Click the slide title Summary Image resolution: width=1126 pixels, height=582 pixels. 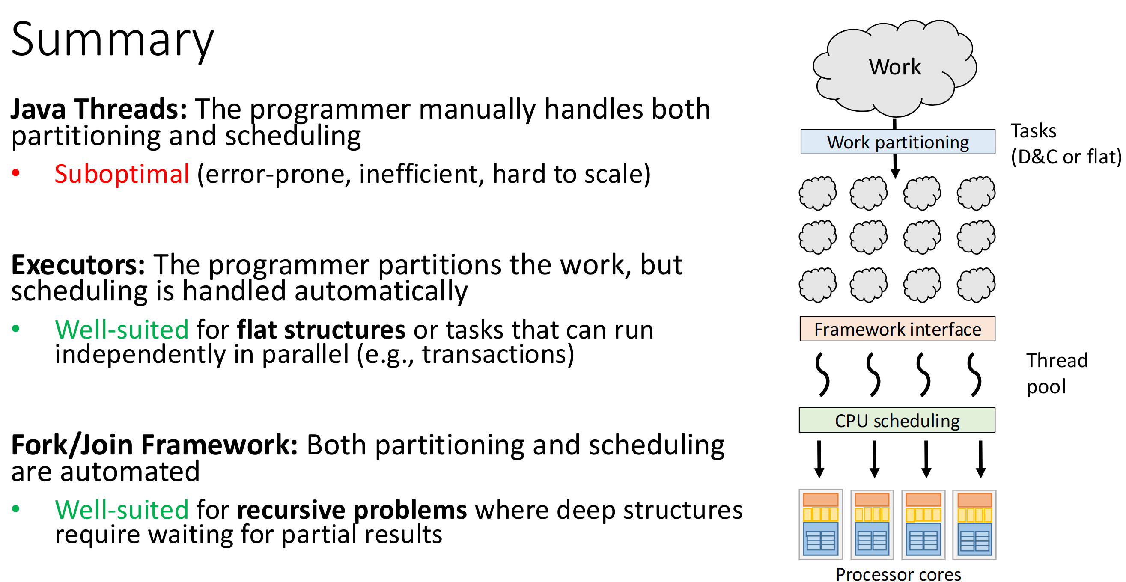(x=112, y=40)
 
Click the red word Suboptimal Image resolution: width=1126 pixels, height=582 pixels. (x=122, y=174)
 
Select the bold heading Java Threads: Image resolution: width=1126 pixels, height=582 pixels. (x=99, y=109)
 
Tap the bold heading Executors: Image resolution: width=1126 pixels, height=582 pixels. (x=78, y=265)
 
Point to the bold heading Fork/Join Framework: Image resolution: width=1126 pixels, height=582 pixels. (x=154, y=445)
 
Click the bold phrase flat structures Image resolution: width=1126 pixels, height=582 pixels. (x=321, y=330)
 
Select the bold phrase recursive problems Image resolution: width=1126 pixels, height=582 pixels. (x=352, y=510)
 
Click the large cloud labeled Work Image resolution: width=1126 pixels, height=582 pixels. (x=894, y=68)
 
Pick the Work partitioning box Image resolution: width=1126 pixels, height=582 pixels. (x=897, y=142)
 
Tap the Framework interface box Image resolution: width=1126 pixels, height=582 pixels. (x=897, y=329)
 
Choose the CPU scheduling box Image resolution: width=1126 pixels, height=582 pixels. (x=897, y=420)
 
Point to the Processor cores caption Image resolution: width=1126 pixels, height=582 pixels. (x=898, y=574)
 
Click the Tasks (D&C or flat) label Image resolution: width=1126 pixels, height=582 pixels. (x=1065, y=144)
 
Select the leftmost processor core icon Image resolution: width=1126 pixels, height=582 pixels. (x=820, y=524)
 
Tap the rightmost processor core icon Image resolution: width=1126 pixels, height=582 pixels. (x=974, y=524)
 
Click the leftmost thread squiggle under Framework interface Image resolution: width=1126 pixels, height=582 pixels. (x=822, y=374)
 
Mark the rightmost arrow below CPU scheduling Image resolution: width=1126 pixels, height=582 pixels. (x=980, y=459)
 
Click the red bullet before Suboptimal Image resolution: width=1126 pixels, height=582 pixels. (x=16, y=173)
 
